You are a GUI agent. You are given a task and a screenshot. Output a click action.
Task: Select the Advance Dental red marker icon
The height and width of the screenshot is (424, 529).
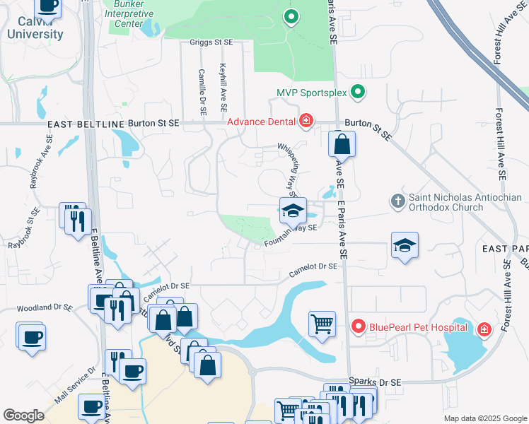(306, 122)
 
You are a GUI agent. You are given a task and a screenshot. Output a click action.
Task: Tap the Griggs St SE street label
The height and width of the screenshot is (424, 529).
(211, 42)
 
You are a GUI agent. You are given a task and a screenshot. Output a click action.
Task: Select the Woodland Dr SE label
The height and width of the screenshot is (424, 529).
(44, 308)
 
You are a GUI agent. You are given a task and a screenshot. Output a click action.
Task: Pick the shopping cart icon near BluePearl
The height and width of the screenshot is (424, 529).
(322, 324)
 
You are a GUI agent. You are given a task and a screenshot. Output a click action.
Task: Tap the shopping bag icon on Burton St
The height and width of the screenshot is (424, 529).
(342, 144)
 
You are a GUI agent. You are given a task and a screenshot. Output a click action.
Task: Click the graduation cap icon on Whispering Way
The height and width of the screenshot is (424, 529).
(292, 210)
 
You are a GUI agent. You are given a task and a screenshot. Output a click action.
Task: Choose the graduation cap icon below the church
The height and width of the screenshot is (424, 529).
(405, 246)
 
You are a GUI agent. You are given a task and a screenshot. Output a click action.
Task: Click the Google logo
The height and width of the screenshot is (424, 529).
(24, 416)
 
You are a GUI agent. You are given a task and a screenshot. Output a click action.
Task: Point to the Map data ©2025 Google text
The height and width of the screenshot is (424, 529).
(484, 418)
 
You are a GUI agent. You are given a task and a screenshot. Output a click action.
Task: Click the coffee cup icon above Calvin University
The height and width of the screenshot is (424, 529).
(47, 6)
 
